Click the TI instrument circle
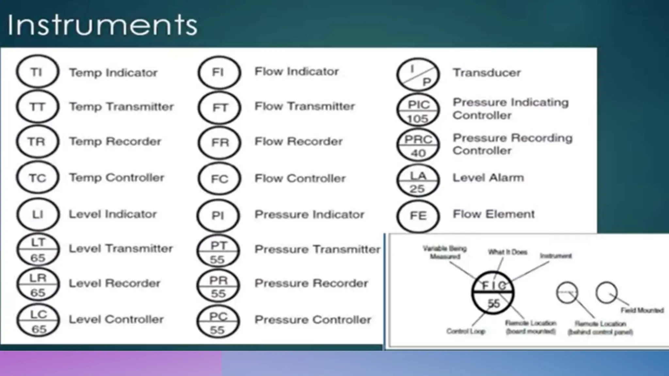click(38, 72)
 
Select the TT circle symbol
click(38, 107)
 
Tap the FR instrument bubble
click(219, 142)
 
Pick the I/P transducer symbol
click(418, 74)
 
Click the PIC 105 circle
click(418, 110)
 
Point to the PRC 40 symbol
click(418, 145)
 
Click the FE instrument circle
click(418, 216)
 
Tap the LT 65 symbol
click(38, 250)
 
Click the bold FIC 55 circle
click(493, 293)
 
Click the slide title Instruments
click(102, 25)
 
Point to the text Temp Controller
click(117, 178)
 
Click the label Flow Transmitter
click(304, 106)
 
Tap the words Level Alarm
click(488, 178)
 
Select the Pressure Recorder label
click(311, 283)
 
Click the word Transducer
click(486, 72)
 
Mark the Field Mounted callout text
click(642, 310)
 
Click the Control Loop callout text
click(466, 331)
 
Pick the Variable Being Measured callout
click(445, 252)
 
